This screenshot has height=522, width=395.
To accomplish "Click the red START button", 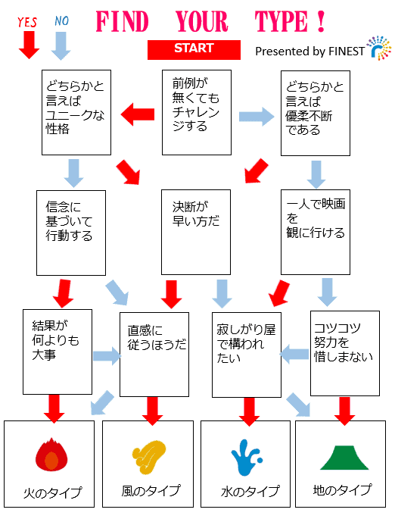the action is tap(194, 50).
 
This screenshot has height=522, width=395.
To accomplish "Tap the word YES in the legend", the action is tap(27, 22).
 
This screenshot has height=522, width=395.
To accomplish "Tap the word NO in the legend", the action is tap(61, 21).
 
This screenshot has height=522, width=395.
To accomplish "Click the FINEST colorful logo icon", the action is tap(379, 48).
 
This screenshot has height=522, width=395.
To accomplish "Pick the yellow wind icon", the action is tap(148, 456).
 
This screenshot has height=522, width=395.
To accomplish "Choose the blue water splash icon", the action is tap(246, 458).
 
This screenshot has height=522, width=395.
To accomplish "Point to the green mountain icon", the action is tap(344, 458).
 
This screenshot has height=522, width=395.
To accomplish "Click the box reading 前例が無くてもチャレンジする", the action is tap(197, 113).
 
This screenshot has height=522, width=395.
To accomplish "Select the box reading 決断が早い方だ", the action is tap(196, 232).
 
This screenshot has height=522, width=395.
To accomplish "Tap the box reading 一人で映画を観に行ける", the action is tap(316, 232).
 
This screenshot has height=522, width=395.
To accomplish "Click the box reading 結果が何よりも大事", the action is tap(58, 352).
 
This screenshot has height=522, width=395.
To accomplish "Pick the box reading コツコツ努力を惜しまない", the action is tap(345, 353).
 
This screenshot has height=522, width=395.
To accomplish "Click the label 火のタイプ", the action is tap(52, 492).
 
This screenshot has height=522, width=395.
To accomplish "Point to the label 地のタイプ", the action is tap(342, 489).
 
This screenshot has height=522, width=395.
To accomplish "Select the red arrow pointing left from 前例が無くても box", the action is tap(137, 114).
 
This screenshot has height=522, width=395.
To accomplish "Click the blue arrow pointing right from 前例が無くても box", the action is tap(257, 117).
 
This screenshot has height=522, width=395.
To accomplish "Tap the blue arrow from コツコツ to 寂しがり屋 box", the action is tap(294, 354).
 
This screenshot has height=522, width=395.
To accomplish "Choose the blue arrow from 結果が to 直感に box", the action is tap(107, 356).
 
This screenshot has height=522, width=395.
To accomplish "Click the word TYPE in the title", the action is tap(281, 22).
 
